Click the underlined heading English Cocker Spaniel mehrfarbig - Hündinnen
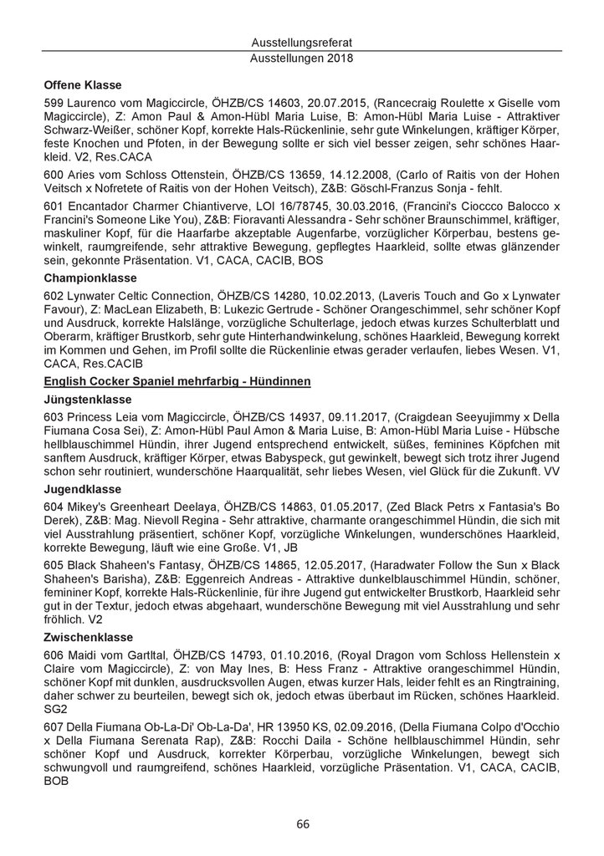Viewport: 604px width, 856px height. [x=177, y=381]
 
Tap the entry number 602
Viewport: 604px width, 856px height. [x=54, y=297]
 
